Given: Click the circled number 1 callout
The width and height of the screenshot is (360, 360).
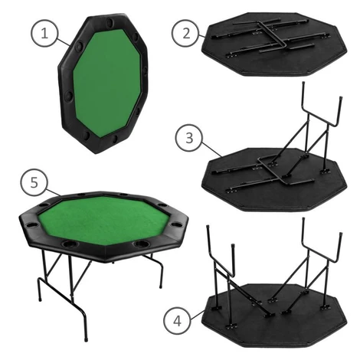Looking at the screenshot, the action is [44, 33].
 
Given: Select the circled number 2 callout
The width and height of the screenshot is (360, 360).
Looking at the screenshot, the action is [186, 33].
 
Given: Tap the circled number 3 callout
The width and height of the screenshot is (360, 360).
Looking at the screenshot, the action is [189, 138].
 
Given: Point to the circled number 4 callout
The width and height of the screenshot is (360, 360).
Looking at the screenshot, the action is [177, 321].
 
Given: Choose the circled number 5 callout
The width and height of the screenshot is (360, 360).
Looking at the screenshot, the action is [34, 182].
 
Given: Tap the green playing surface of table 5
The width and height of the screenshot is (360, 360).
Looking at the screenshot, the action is [103, 221].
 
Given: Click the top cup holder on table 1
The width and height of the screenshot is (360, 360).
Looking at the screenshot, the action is [111, 21].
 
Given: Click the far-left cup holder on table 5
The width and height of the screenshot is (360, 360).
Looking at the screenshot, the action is [31, 225].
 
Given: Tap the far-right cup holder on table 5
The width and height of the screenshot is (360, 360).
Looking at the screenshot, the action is [177, 224].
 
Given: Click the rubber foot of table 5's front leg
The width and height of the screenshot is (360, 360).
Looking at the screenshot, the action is [85, 339].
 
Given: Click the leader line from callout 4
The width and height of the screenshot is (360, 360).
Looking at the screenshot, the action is [197, 314].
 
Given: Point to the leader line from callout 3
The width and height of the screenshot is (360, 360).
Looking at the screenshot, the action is [212, 150].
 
